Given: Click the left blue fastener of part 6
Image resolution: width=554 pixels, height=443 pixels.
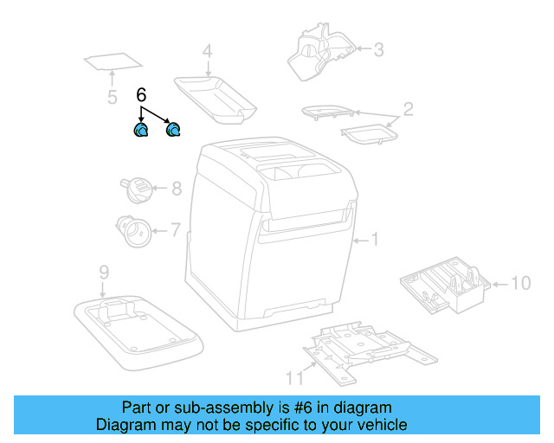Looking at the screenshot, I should pos(140,131).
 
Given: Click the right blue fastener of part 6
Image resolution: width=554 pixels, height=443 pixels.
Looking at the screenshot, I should pos(173,131).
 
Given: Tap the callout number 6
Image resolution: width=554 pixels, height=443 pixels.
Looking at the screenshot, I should pos(142,95).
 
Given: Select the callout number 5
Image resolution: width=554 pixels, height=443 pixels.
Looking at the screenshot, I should pos(112,97).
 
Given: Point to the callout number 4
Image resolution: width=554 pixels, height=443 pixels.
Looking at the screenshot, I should pos(207,52).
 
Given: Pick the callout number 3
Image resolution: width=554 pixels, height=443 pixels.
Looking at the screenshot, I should pos(378,49).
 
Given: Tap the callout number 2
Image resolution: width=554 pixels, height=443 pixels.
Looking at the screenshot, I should pos(408,109).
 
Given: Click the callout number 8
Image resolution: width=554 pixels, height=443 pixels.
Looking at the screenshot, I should pos(176,188).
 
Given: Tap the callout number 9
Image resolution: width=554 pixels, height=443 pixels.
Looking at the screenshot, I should pos(103,273).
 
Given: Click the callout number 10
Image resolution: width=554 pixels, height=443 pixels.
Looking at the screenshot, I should pos(520,283).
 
